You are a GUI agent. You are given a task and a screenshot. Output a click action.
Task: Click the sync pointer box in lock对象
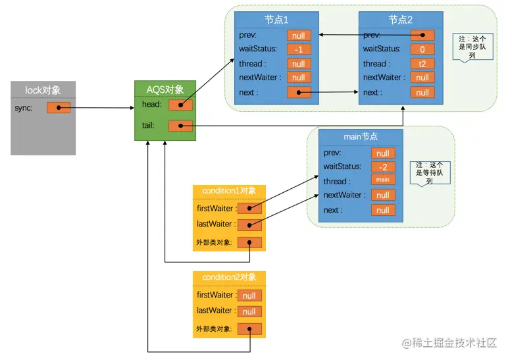(59, 107)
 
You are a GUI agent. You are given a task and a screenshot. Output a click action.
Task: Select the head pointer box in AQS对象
(180, 105)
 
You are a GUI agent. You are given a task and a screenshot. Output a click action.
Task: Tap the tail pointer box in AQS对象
(180, 126)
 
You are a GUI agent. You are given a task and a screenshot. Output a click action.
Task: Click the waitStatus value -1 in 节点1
(299, 49)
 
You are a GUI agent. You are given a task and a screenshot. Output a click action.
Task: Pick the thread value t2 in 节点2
(422, 64)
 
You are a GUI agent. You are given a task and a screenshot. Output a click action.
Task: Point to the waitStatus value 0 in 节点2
(422, 49)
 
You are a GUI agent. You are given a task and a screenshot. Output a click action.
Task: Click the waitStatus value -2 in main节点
(383, 167)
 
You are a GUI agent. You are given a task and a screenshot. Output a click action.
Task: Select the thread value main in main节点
(383, 180)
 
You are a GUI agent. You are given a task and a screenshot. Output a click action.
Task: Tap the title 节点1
(276, 20)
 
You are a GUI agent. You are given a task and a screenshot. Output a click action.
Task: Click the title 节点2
(401, 20)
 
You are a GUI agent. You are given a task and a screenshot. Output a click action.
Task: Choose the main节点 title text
(361, 137)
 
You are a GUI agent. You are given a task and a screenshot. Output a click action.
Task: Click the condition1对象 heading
(229, 191)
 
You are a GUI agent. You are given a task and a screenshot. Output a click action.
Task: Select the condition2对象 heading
(229, 277)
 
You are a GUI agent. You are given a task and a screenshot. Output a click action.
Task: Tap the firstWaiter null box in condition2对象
(249, 296)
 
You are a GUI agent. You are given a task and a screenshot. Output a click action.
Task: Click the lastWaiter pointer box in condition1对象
(249, 224)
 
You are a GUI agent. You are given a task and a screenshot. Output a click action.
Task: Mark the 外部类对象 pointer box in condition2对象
(249, 329)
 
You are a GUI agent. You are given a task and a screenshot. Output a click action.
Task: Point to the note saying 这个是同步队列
(472, 47)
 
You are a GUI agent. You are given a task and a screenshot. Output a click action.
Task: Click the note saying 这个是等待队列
(430, 173)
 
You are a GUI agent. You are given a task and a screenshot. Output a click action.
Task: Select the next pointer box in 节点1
(299, 92)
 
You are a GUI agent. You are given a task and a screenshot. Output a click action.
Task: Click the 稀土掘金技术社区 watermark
(449, 343)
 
